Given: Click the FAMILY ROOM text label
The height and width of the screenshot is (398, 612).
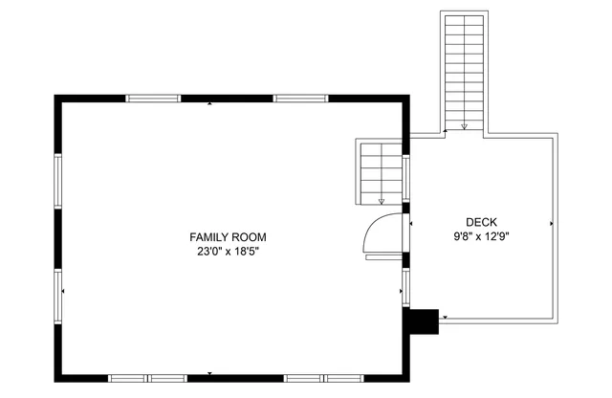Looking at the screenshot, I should [x=228, y=237].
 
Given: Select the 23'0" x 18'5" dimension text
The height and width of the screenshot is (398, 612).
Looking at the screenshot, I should [x=228, y=253].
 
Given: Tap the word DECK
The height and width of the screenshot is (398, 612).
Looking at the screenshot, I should [x=481, y=222].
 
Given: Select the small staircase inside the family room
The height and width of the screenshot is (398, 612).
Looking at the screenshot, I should [x=380, y=172].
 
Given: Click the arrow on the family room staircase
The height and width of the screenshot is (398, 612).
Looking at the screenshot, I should [x=382, y=199].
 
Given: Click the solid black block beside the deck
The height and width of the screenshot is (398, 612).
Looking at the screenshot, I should [x=421, y=321].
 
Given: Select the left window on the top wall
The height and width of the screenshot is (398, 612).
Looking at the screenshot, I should [x=153, y=98].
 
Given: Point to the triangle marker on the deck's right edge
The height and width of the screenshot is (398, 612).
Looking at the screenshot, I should [x=552, y=223].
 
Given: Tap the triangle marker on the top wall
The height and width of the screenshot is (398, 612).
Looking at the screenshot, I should [x=210, y=102].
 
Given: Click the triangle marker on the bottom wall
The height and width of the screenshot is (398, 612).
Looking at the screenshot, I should [x=210, y=373].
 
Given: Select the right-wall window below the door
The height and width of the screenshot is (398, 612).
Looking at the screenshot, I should [x=405, y=287].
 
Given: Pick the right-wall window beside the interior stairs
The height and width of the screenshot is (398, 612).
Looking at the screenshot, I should [x=405, y=178].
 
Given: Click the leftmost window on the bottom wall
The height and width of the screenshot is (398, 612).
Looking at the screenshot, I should [x=128, y=378].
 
